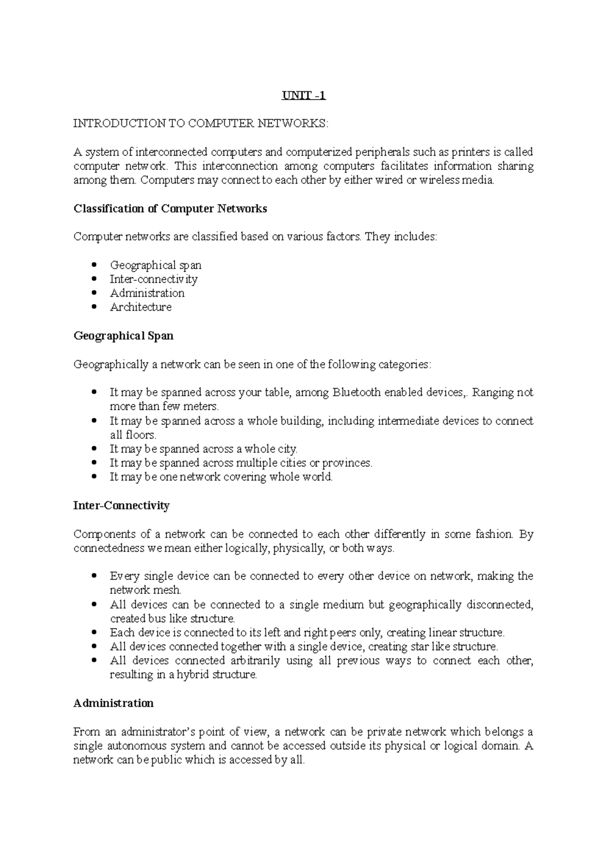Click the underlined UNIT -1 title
[303, 95]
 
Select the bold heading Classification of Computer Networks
[170, 208]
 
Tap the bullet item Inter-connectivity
[153, 279]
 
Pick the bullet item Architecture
[141, 307]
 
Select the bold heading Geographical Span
[123, 336]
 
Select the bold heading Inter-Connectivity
[121, 505]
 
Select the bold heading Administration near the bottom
[113, 703]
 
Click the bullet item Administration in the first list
[147, 293]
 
